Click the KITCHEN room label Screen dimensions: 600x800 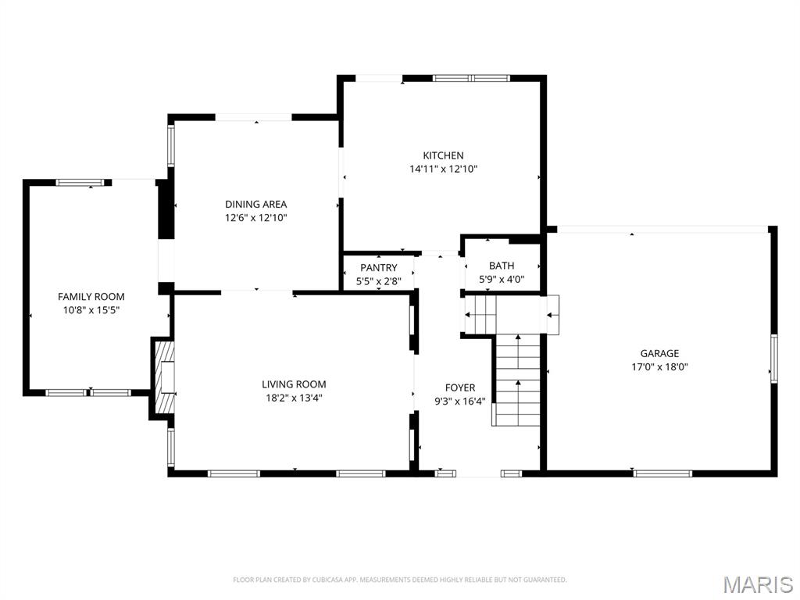443,155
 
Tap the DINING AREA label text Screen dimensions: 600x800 255,205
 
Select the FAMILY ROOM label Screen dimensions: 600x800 91,297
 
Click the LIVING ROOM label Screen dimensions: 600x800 294,384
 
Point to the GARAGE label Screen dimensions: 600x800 659,353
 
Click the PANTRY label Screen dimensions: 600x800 378,268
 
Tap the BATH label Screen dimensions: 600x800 501,266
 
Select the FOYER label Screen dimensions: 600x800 460,387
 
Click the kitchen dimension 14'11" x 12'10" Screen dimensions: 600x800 443,169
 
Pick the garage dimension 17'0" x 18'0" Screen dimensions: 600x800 659,366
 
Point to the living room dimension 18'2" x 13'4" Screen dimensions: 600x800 294,398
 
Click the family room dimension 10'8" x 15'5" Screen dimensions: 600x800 91,310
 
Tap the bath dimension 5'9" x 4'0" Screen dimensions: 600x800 501,279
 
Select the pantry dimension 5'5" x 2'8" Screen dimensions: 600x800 378,281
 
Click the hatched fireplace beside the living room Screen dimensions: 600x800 162,379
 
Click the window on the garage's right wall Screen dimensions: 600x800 773,359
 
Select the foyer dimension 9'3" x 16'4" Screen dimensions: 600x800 460,401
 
